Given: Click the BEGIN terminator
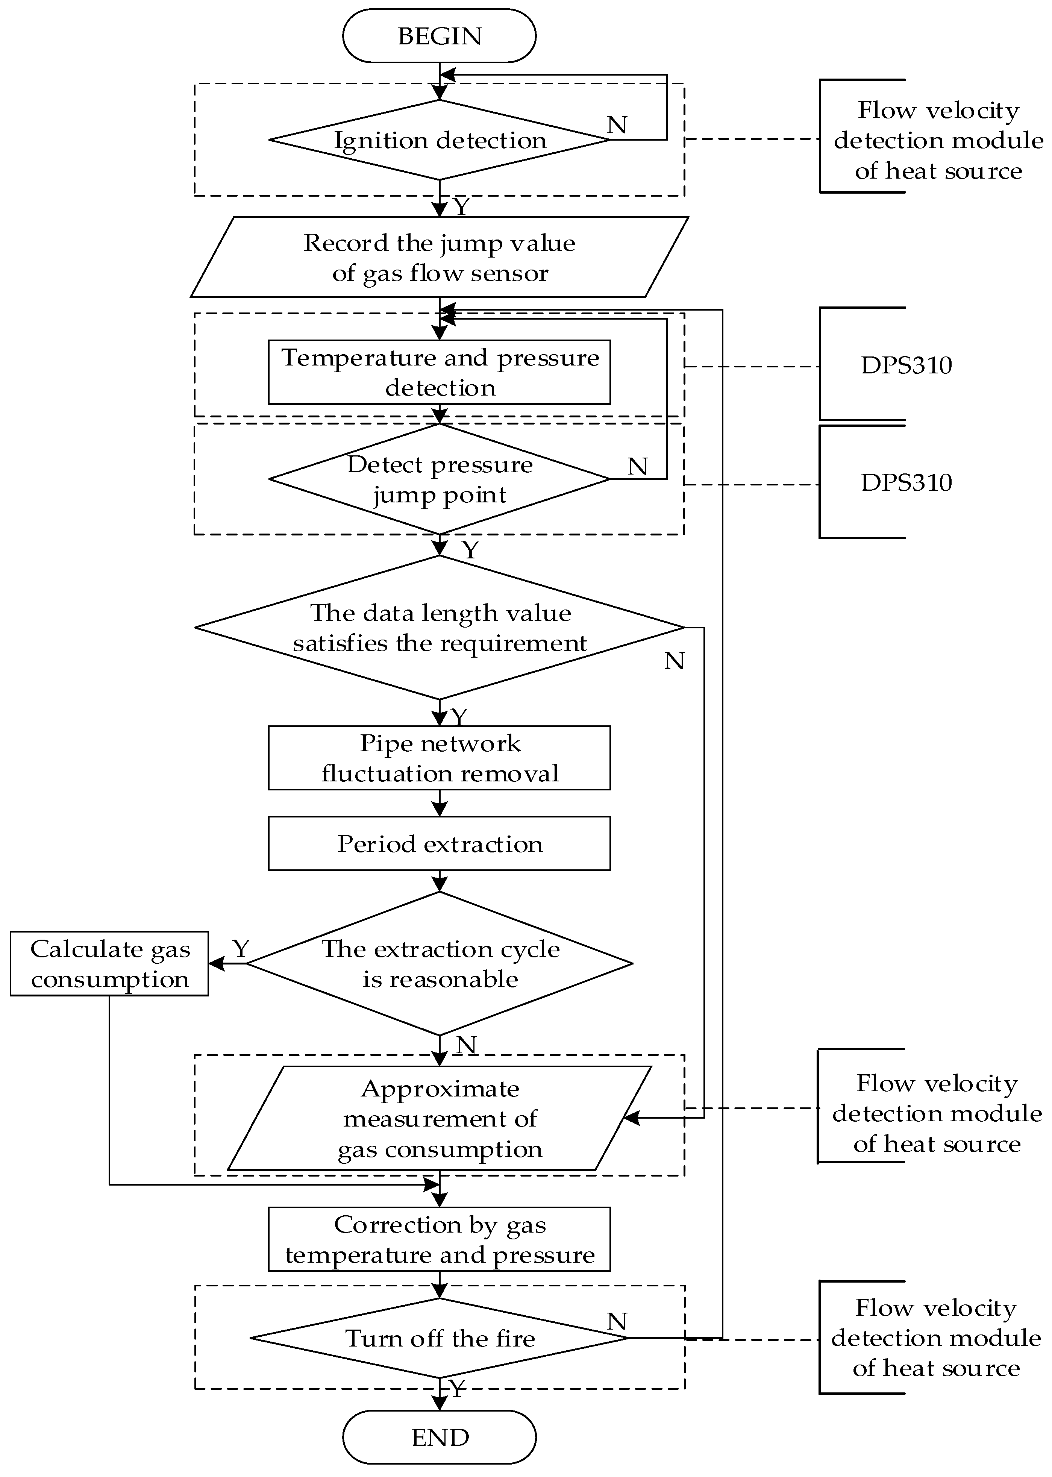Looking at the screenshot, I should (x=439, y=36).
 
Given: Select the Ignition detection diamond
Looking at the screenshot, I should (x=439, y=140).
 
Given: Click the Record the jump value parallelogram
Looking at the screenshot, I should (x=439, y=257).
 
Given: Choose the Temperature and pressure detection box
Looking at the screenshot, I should (x=439, y=372).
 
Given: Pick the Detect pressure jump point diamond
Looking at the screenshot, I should (x=439, y=479).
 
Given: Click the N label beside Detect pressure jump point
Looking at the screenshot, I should (x=637, y=466).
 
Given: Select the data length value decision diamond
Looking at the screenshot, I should (x=439, y=627).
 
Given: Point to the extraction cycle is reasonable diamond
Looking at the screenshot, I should (x=439, y=963).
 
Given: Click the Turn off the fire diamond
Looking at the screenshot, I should (x=439, y=1338).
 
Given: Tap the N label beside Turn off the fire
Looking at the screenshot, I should (x=617, y=1322).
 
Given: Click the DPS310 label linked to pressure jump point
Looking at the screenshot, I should (x=906, y=482).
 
